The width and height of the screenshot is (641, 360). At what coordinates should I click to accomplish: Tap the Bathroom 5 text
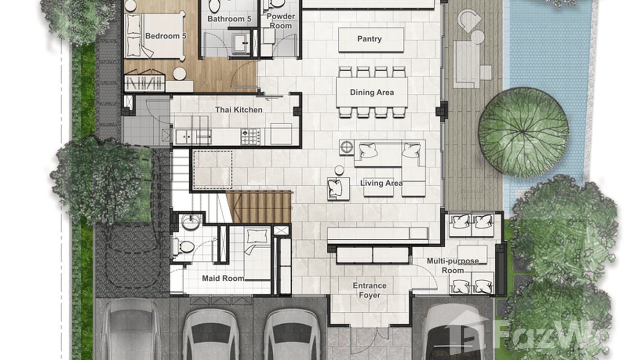coord(229,19)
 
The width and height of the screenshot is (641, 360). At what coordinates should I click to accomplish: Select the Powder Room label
coord(280,21)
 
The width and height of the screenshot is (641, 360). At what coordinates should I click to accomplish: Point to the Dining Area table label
coord(372,92)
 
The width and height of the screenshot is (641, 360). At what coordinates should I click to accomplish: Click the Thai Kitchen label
coord(238,110)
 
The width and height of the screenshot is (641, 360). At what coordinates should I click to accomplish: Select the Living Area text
coord(381,183)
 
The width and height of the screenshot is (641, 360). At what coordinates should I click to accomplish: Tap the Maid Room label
coord(223,278)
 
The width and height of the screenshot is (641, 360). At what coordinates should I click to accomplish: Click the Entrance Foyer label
coord(369,290)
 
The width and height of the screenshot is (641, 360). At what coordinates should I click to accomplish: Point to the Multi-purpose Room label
coord(452,265)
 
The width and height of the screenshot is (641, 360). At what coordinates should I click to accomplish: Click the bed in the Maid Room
coord(257,253)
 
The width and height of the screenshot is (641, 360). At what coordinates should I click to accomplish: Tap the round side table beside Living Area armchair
coord(339,170)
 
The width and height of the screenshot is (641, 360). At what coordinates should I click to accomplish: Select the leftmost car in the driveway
coord(130,329)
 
